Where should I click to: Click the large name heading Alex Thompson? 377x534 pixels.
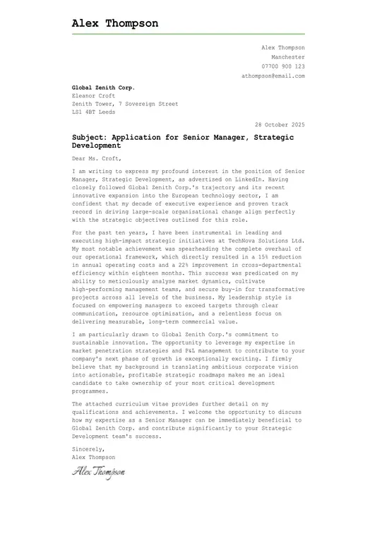115,23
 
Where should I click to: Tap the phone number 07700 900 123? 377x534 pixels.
283,66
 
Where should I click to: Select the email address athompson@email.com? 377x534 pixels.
273,76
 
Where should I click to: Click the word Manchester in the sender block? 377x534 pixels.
288,57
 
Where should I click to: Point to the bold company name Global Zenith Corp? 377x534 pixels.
103,87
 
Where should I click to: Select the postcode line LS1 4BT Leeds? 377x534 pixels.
94,112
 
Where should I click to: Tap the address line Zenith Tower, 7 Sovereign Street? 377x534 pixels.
125,104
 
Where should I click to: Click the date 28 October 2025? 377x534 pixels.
280,124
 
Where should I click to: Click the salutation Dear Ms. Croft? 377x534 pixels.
96,158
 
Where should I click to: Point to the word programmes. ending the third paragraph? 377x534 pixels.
90,391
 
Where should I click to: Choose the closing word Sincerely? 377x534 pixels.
88,449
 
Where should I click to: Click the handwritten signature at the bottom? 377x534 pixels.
98,472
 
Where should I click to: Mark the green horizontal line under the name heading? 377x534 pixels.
188,33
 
